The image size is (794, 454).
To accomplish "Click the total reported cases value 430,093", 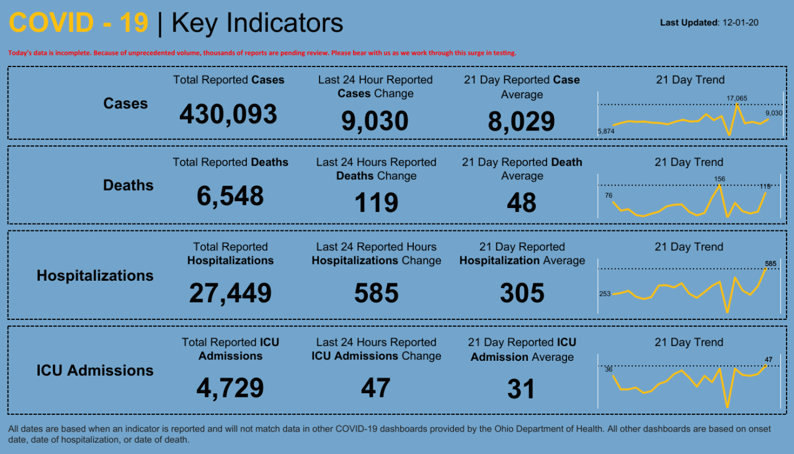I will tap(228, 115).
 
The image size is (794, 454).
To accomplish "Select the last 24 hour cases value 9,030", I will tap(375, 121).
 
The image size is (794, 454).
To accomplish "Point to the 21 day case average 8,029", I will tap(521, 122).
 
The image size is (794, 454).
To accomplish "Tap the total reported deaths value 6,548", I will tap(230, 196).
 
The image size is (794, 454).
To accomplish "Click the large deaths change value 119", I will tap(376, 203).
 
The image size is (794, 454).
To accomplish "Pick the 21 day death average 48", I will tap(521, 203).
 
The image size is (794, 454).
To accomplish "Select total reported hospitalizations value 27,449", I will tap(230, 293).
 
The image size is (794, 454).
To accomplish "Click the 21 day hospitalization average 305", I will tap(522, 293).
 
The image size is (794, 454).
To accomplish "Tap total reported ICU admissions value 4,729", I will tap(230, 388).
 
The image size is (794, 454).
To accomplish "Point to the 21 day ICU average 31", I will tap(521, 389).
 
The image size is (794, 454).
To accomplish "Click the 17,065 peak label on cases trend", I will tap(738, 98).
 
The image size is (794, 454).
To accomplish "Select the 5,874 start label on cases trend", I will tap(605, 132).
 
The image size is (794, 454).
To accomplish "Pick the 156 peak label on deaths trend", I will tap(720, 179).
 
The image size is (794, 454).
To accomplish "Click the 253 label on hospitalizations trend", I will tap(605, 294).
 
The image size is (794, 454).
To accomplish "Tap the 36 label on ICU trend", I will tap(609, 370).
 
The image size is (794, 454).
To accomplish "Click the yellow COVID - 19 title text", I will tap(79, 23).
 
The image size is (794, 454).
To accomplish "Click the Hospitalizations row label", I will tap(95, 276).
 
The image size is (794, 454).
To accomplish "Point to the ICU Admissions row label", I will tap(95, 371).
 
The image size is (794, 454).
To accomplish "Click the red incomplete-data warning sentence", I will tap(262, 53).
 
